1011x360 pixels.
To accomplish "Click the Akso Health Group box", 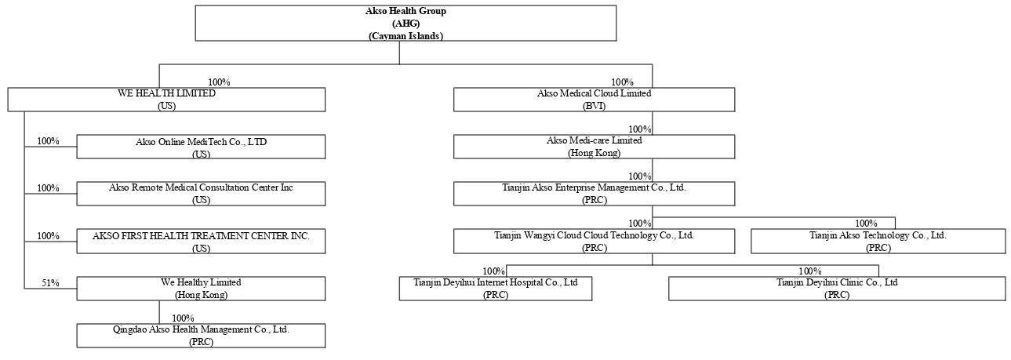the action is coord(405,23).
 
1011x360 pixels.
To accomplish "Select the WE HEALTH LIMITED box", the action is coord(166,100).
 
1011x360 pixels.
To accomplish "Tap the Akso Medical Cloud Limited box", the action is coord(594,100).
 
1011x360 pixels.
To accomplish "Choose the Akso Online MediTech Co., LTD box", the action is coord(201,147).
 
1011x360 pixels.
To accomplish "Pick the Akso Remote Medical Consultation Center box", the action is coord(201,194).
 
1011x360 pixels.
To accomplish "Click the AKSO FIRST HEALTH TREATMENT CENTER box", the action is coord(201,242).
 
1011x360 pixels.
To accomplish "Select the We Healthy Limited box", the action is coord(201,289).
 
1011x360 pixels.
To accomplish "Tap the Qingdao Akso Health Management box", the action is coord(201,335).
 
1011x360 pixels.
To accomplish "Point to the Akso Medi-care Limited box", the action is coord(594,147).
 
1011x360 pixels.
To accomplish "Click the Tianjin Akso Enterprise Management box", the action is coord(594,194).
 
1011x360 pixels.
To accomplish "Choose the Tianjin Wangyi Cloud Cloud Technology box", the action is coord(594,242).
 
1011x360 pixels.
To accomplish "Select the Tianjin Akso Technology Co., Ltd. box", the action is coord(878,242).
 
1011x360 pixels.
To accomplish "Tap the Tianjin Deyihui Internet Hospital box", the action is coord(496,289).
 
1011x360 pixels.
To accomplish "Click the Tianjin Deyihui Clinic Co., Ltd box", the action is coord(837,289).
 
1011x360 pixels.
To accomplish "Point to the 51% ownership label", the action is coord(50,283).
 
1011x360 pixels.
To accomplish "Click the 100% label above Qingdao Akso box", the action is coord(183,318).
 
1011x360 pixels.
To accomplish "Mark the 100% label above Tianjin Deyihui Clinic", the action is coord(810,271).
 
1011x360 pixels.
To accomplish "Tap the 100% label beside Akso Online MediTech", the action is coord(48,140).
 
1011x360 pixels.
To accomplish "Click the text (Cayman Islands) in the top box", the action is coord(405,35).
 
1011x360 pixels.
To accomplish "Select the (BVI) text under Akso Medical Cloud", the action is coord(594,106).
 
